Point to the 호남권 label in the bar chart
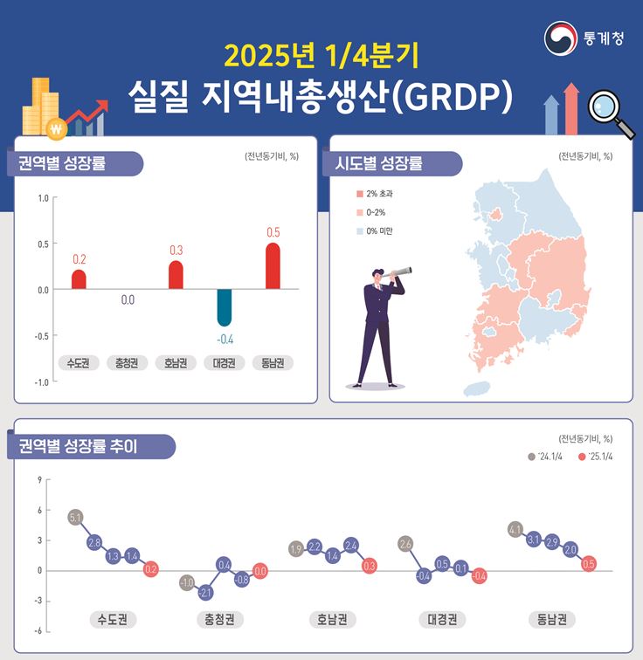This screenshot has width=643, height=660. pos(176,362)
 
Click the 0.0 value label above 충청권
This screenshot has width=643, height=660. pos(128,300)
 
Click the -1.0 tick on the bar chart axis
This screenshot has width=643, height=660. pos(40,382)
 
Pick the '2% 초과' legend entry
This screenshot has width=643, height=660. pos(374,193)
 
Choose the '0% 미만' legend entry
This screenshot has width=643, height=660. pos(373,231)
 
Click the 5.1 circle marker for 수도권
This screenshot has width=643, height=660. pos(75,518)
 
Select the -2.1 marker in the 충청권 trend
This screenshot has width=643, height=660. pos(206,592)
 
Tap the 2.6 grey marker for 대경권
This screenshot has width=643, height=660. pos(404,544)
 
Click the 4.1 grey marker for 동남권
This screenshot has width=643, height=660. pos(515,529)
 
